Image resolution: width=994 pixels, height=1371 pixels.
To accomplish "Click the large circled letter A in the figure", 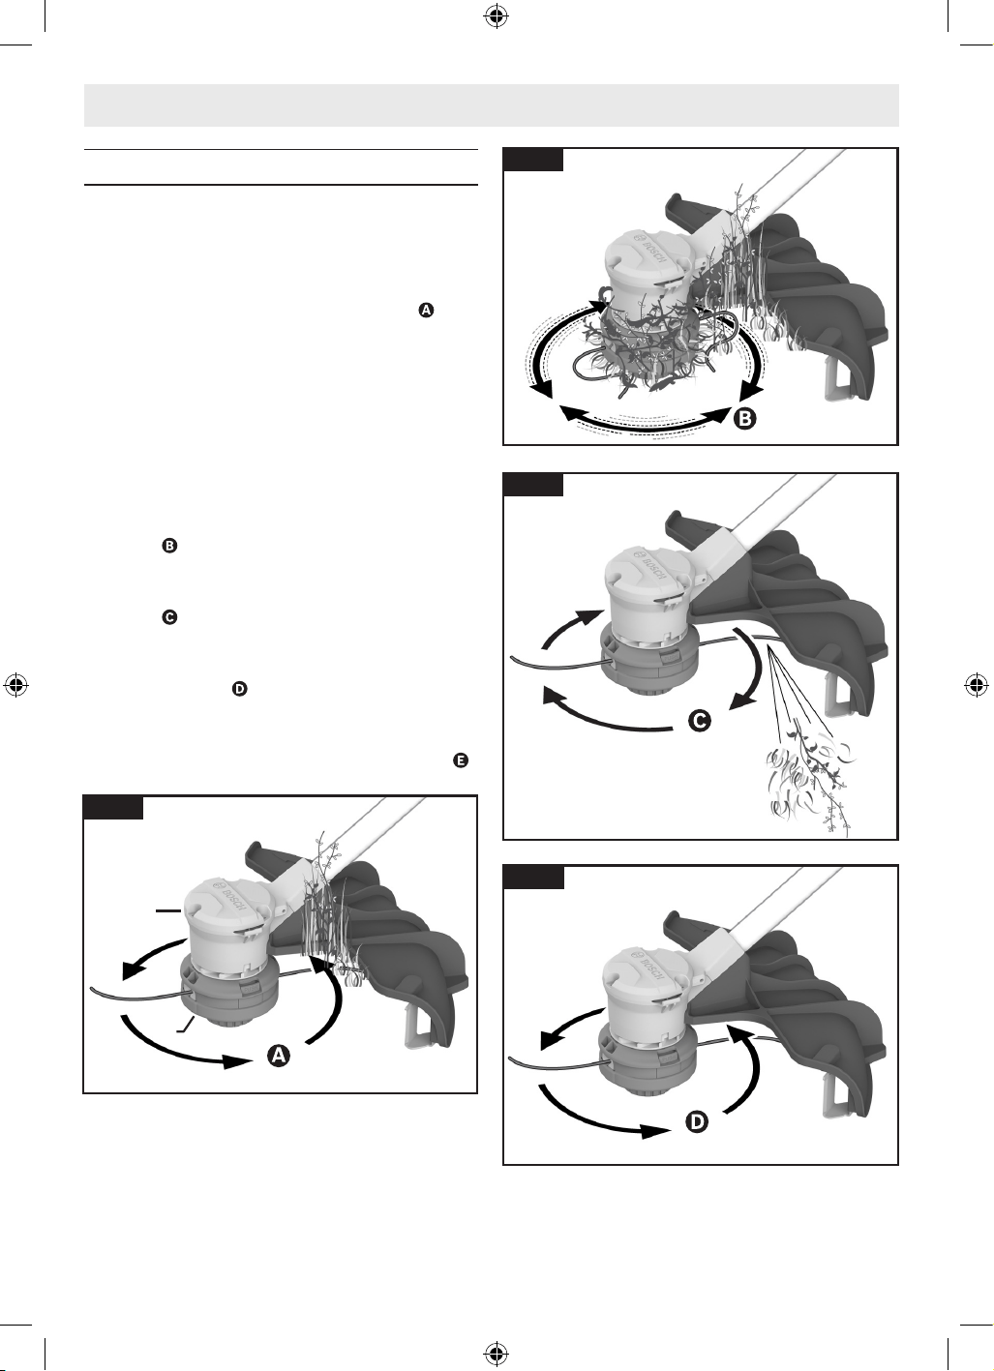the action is (279, 1056).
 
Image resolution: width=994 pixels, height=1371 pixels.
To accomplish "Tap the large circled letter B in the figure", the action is (745, 419).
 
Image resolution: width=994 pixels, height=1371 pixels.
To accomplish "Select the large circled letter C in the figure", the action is (700, 721).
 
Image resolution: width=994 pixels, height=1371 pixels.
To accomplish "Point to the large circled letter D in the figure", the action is (698, 1122).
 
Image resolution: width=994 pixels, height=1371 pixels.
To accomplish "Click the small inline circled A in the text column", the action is (426, 311).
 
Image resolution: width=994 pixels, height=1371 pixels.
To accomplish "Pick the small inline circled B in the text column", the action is (169, 546).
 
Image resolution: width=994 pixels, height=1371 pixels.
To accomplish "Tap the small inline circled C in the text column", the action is (169, 617).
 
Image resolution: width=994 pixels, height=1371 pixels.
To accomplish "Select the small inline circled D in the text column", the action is (239, 689).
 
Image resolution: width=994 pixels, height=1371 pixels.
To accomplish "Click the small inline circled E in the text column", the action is (461, 760).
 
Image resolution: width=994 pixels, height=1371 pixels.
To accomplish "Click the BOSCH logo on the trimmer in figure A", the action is (229, 898).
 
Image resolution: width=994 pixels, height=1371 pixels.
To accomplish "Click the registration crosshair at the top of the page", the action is (496, 17).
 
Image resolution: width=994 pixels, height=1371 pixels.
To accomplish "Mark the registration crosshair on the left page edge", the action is (16, 685).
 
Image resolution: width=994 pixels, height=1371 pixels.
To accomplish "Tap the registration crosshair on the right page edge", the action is (977, 685).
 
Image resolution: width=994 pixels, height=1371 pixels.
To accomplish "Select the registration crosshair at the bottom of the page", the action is (496, 1354).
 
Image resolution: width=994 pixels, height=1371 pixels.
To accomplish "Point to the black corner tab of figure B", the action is (533, 159).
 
